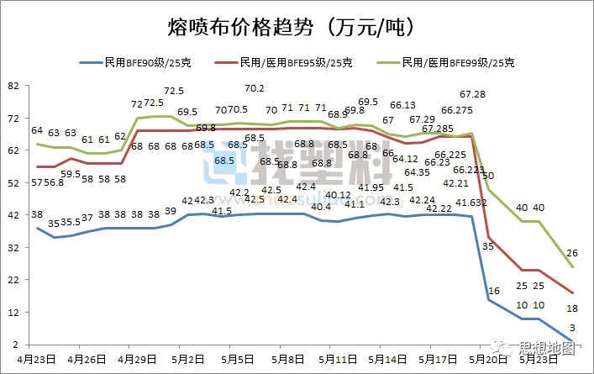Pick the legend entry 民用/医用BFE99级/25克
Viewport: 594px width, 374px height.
point(458,63)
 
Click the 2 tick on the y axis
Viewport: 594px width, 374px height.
point(15,345)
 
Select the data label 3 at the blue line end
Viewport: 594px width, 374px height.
point(573,328)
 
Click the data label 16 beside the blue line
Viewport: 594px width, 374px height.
point(494,290)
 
